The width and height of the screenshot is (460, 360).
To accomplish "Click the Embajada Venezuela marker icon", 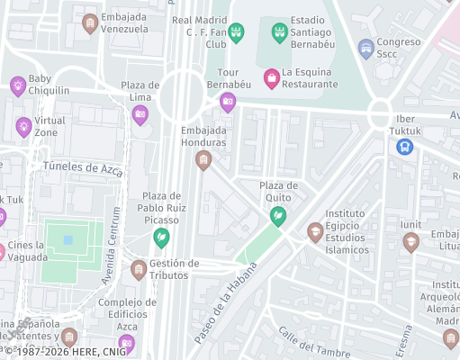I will (x=89, y=23).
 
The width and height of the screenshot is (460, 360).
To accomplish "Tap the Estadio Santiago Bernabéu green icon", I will (x=280, y=33).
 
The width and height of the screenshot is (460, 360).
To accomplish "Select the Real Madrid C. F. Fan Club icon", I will (x=237, y=33).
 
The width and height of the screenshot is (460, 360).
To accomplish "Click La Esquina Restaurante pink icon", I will (x=270, y=78).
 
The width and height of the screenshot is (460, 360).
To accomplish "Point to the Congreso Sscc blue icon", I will (x=365, y=48).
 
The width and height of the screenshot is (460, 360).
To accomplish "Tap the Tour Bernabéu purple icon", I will (x=228, y=102).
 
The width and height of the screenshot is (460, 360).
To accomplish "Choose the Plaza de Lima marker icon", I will (x=140, y=114).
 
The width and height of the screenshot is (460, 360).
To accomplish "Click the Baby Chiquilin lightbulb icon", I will (x=17, y=85).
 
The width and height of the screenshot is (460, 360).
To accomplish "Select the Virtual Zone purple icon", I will (x=23, y=126).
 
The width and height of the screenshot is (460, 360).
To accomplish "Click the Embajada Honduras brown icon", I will (x=203, y=160).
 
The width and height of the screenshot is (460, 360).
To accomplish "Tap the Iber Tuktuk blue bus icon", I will (x=405, y=145).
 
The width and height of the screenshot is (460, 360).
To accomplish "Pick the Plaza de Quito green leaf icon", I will (x=279, y=216).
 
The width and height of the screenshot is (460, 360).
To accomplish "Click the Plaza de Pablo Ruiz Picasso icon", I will (x=161, y=238).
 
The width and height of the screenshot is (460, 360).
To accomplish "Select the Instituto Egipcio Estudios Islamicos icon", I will (x=315, y=232).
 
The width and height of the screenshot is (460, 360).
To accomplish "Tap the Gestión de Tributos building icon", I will (x=139, y=269).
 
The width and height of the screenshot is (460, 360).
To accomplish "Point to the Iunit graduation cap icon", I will (x=410, y=241).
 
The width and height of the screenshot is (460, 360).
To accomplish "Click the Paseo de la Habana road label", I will (x=225, y=303).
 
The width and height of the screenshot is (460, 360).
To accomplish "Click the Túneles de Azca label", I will (x=82, y=166).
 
